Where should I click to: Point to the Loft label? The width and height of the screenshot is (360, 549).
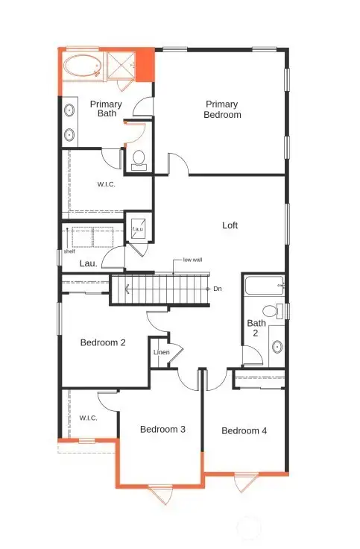click(x=230, y=225)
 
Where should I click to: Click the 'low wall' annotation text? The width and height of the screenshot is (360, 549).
click(x=192, y=260)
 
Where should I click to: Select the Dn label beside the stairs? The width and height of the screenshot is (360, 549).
click(x=217, y=289)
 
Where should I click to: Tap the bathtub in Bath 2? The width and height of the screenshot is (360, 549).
click(x=262, y=286)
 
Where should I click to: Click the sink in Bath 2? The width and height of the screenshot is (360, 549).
click(x=277, y=346)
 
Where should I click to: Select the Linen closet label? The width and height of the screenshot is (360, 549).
click(x=162, y=352)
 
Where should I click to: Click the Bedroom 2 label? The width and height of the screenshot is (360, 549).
click(x=103, y=343)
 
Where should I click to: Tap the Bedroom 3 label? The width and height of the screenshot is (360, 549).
click(x=162, y=430)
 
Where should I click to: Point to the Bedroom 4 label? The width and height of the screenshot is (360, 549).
click(x=244, y=430)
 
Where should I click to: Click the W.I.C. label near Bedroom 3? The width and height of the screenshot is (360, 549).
click(x=90, y=418)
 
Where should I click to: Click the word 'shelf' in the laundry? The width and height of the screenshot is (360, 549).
click(x=69, y=251)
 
